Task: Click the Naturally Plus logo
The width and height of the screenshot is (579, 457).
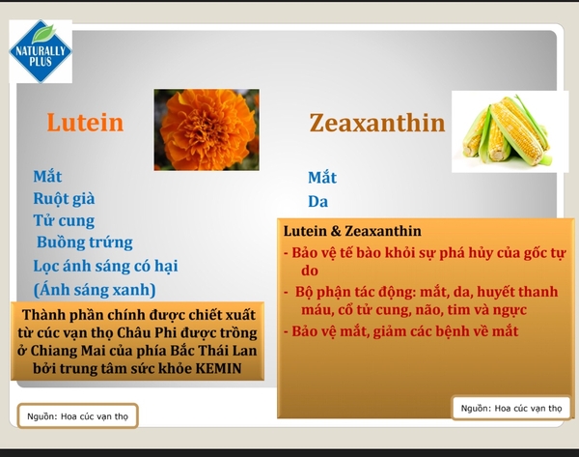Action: pyautogui.click(x=41, y=51)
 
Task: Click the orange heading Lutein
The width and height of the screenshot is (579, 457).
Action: pyautogui.click(x=85, y=123)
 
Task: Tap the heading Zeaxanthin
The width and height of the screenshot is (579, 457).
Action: pyautogui.click(x=377, y=123)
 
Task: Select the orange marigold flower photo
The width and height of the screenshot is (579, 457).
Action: pyautogui.click(x=207, y=129)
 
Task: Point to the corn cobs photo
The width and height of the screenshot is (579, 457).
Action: pyautogui.click(x=510, y=131)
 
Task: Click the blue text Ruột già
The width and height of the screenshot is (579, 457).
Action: pyautogui.click(x=64, y=199)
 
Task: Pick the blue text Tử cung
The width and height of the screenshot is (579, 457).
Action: pyautogui.click(x=64, y=220)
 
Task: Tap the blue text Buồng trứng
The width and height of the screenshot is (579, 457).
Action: pyautogui.click(x=85, y=243)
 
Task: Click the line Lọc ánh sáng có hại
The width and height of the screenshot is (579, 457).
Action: pyautogui.click(x=105, y=266)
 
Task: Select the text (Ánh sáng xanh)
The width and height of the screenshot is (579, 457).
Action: pyautogui.click(x=95, y=290)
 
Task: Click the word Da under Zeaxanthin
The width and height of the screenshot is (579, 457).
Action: pyautogui.click(x=317, y=202)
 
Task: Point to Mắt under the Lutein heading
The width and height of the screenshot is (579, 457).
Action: pyautogui.click(x=47, y=177)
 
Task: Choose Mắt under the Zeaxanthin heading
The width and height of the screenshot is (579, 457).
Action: pyautogui.click(x=322, y=178)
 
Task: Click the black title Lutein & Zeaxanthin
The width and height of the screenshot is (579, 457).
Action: pyautogui.click(x=352, y=231)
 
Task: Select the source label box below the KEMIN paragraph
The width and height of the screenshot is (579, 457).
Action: pyautogui.click(x=77, y=416)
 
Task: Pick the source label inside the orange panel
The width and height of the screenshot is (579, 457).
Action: pyautogui.click(x=511, y=408)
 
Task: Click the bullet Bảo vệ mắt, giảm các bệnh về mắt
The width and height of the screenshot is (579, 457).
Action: pyautogui.click(x=401, y=331)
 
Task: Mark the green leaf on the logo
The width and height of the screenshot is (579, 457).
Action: pyautogui.click(x=43, y=34)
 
